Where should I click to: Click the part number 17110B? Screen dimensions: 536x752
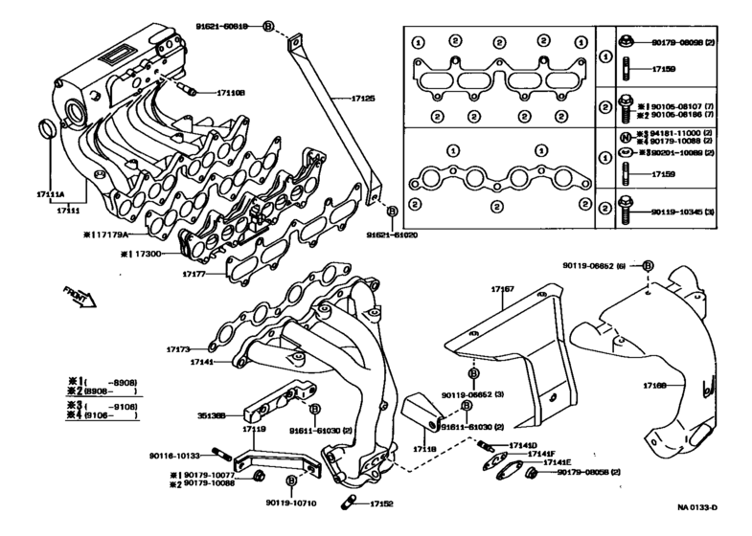click(x=231, y=93)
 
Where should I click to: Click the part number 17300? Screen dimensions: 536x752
click(x=149, y=254)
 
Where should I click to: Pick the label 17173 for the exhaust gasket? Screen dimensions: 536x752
click(x=179, y=349)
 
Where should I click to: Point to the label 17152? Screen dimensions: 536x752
click(x=379, y=503)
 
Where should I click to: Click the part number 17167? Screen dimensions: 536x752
click(x=502, y=288)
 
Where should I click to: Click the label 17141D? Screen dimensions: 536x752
click(x=523, y=445)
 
